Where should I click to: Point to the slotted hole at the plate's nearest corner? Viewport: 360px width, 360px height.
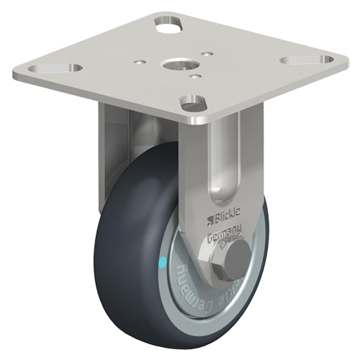[192, 102]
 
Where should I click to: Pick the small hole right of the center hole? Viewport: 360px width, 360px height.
[207, 53]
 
